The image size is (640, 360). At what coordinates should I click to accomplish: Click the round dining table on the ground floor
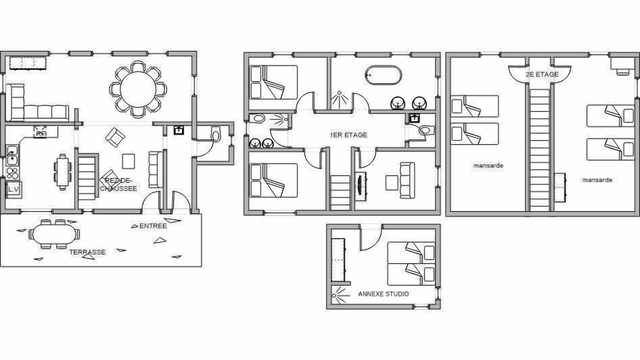point(138,89)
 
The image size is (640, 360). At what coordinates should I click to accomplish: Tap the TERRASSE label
point(87,252)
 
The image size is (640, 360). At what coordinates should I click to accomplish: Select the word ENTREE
point(153,226)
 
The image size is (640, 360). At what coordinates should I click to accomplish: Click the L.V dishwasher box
point(13,189)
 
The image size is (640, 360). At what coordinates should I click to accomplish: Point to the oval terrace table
point(54,234)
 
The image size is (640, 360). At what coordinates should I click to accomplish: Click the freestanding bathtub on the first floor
point(383,75)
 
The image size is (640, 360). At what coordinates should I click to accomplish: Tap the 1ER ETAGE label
point(348,135)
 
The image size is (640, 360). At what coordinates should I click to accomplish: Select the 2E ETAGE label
point(542,74)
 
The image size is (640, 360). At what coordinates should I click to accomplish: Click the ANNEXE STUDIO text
point(383,294)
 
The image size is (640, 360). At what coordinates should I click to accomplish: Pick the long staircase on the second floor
point(539,150)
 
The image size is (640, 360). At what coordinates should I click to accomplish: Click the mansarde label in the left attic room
point(488,165)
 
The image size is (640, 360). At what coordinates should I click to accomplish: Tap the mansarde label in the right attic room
point(597,180)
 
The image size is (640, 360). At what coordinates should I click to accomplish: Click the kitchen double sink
point(12,155)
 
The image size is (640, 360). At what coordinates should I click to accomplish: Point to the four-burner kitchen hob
point(12,173)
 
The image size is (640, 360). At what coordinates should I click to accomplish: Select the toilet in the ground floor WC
point(215,134)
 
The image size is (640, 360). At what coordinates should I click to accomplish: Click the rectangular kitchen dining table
point(62,172)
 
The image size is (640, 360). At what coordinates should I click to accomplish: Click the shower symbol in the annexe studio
point(340,295)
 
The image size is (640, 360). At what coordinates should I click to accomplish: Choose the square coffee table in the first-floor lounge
point(391,182)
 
